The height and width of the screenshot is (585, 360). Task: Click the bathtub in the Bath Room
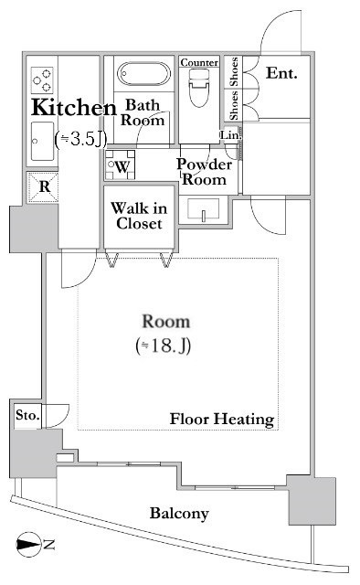(144, 74)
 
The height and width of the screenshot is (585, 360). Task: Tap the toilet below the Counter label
(199, 89)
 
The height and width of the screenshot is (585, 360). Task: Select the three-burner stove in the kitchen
(42, 80)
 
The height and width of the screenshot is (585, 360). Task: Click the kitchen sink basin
(42, 141)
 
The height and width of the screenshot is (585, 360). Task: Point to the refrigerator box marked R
(44, 186)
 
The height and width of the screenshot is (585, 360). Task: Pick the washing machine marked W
(120, 165)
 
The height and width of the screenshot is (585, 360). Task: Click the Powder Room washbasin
(204, 209)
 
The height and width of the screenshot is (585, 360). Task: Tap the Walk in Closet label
(139, 216)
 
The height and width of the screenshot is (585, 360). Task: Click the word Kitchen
(74, 108)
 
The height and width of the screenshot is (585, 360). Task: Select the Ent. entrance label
(281, 73)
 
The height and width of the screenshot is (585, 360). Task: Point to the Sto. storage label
(27, 415)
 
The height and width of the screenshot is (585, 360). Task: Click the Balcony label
(179, 514)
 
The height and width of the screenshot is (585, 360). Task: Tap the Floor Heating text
(222, 419)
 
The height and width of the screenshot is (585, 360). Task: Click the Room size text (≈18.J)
(164, 346)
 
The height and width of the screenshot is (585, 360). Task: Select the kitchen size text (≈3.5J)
(81, 139)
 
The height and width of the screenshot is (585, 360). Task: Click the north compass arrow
(28, 545)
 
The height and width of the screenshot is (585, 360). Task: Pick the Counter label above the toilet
(199, 62)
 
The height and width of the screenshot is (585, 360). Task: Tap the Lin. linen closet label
(231, 135)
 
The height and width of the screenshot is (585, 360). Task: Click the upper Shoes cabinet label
(234, 72)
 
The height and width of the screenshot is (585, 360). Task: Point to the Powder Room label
(205, 172)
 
